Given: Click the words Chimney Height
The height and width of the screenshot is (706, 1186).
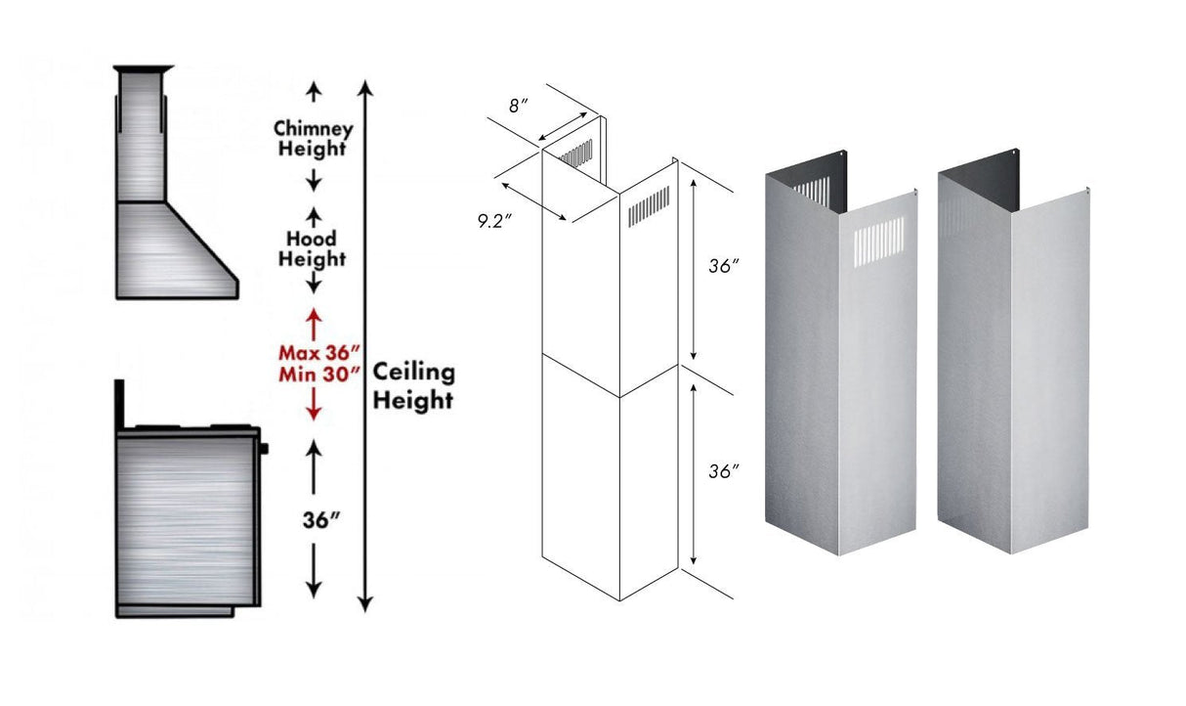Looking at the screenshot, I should (x=313, y=139).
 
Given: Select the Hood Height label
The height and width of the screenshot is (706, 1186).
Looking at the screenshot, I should (x=313, y=249).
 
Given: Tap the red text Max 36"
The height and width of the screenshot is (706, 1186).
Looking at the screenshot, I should (x=314, y=351).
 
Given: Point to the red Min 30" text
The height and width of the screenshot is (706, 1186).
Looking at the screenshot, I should (x=314, y=372).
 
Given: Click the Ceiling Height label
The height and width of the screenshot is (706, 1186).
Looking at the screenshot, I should (x=413, y=386).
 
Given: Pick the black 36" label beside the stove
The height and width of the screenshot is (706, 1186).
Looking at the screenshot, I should (x=314, y=519).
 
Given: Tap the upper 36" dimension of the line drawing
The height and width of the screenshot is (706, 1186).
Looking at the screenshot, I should (x=722, y=267).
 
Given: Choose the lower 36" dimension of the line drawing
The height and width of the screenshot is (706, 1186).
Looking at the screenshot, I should (x=722, y=471).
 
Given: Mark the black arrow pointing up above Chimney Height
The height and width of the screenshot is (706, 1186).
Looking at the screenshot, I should (x=314, y=94).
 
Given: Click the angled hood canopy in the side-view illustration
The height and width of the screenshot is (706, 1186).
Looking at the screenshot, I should (x=176, y=249).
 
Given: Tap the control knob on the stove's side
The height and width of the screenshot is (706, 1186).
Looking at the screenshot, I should (x=263, y=449).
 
